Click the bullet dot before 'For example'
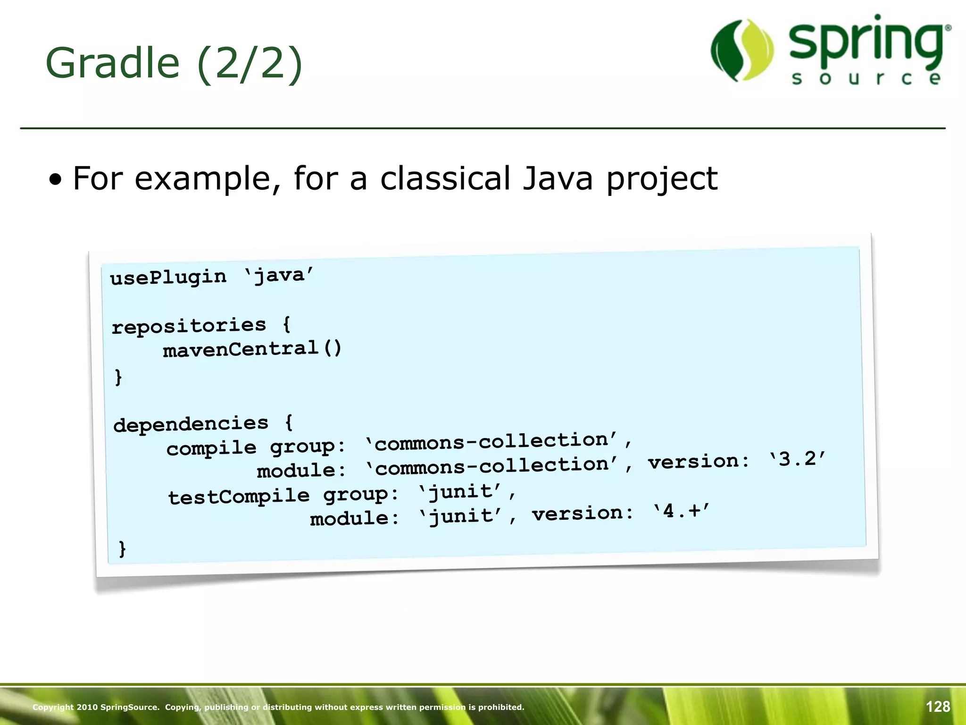56,180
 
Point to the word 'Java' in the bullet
558,179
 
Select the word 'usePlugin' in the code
168,277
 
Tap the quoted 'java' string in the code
279,275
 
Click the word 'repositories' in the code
189,326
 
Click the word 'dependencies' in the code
191,424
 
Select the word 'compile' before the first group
211,447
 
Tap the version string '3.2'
797,459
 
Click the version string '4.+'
682,511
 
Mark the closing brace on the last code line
122,548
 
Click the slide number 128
938,707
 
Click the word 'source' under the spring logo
866,78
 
